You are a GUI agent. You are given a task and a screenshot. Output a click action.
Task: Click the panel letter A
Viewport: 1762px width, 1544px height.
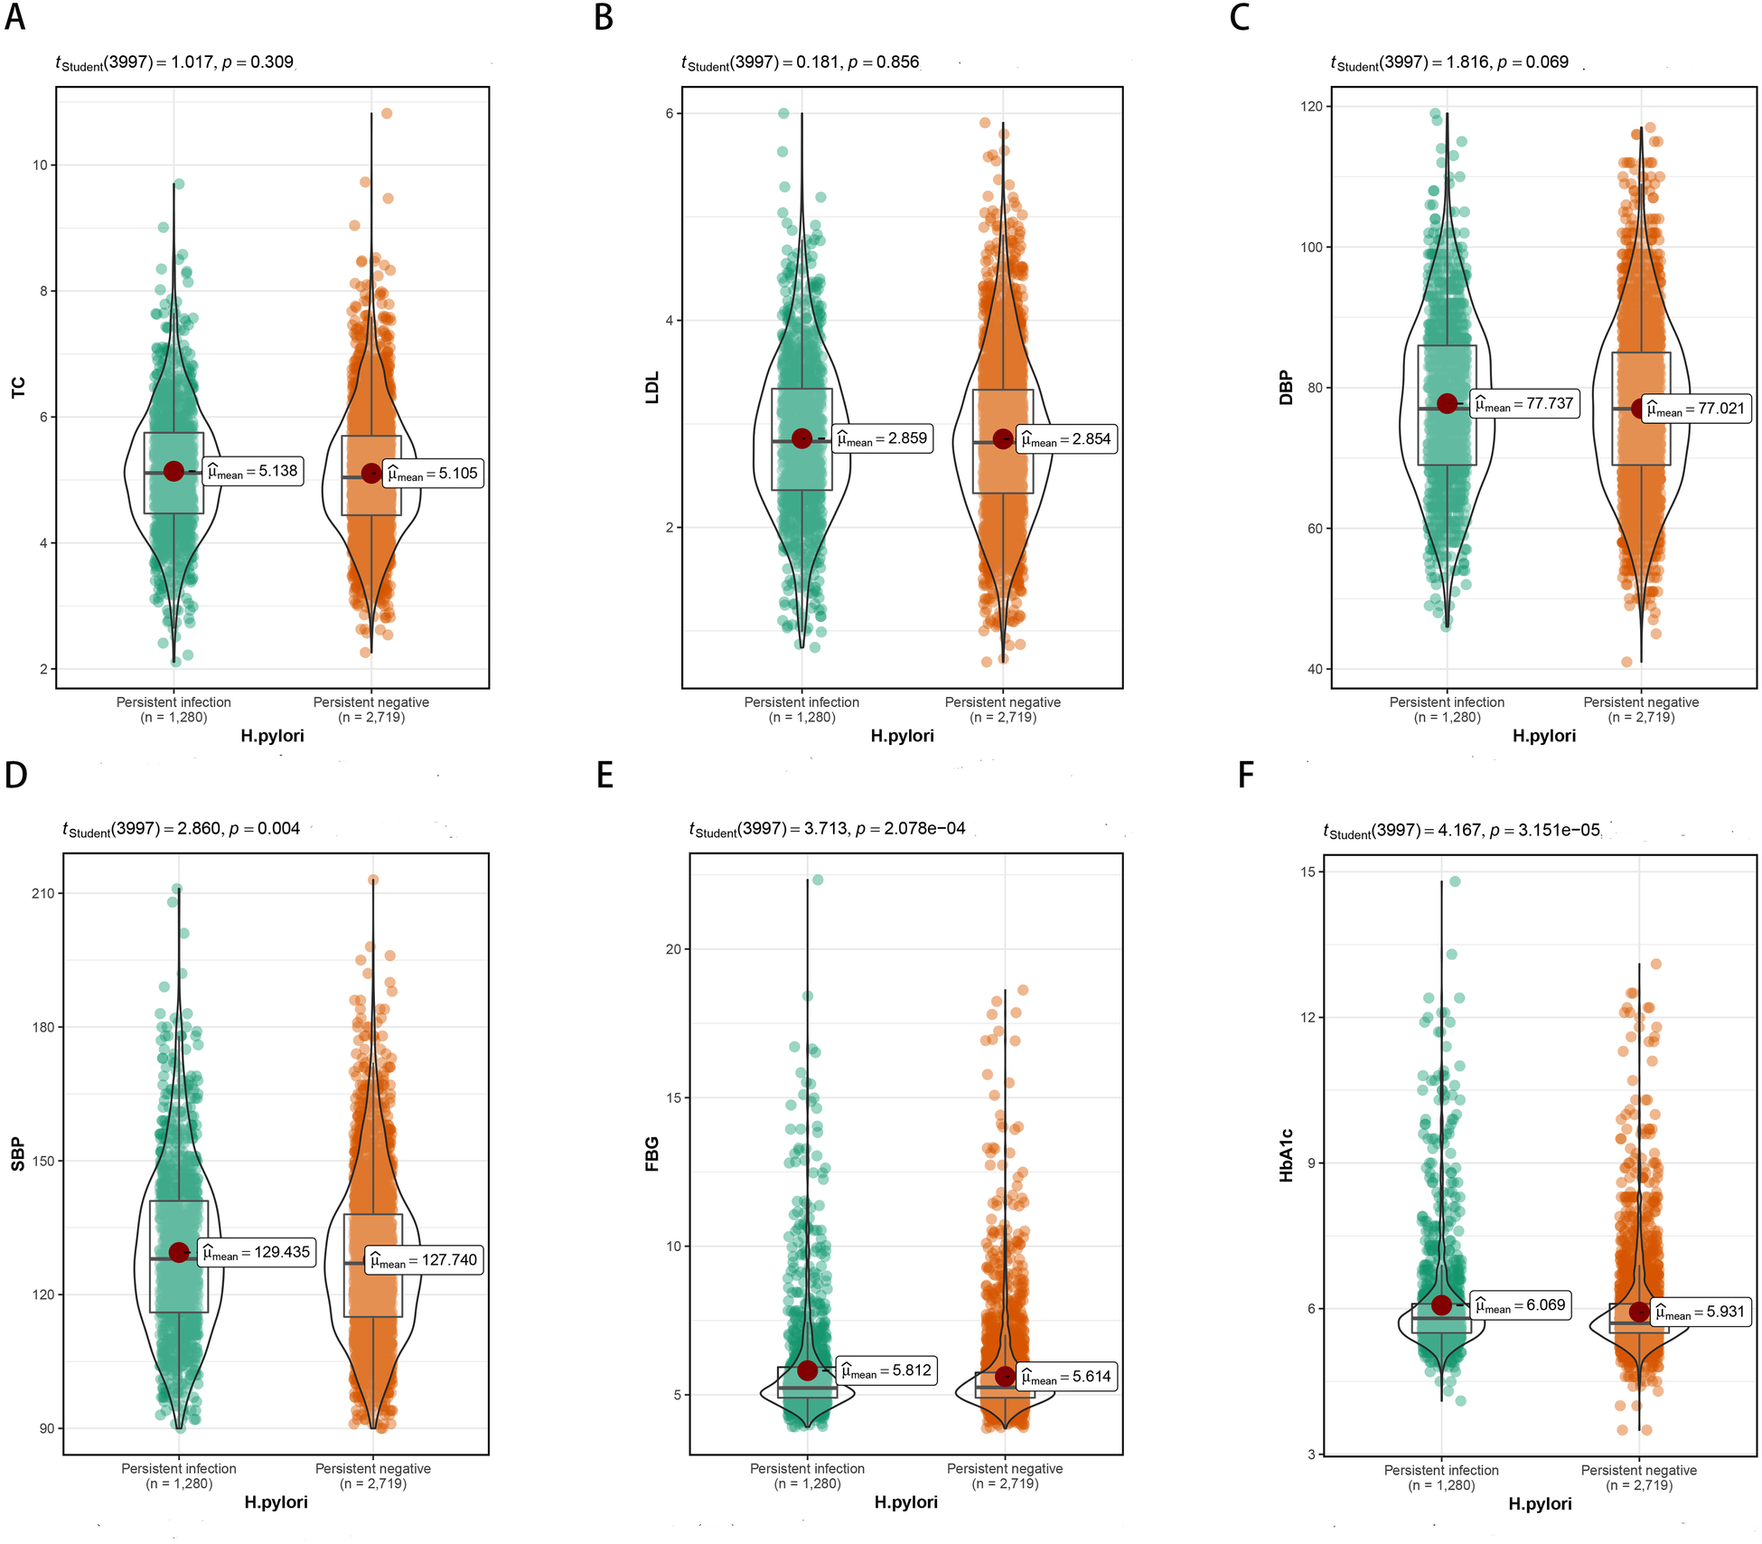14,16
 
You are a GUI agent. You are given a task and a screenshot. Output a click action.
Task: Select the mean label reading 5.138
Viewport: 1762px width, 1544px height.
254,471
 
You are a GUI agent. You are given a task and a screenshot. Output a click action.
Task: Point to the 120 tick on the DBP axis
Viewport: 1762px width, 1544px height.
1311,107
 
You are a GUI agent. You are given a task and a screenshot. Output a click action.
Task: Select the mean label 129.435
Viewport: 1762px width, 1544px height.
257,1252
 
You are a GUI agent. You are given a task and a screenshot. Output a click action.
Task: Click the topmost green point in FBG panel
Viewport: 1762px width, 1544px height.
817,880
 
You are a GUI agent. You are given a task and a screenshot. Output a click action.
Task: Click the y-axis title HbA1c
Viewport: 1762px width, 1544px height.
1287,1155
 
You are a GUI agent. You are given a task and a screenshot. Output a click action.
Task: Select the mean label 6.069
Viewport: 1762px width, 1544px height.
1521,1305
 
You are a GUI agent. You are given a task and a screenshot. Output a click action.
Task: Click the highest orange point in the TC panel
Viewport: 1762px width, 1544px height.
387,114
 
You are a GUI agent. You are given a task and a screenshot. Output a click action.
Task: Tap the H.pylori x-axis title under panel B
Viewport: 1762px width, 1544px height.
902,736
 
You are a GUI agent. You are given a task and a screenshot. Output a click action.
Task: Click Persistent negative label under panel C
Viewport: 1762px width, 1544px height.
1640,702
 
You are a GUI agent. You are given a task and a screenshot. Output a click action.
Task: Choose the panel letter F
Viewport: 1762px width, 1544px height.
1246,776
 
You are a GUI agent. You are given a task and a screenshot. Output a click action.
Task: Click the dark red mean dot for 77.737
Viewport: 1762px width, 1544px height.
1447,403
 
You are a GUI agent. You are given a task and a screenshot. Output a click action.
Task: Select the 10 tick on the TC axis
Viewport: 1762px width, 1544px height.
40,165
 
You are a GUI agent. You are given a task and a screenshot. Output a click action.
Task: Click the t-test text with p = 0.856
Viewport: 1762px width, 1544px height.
800,62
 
